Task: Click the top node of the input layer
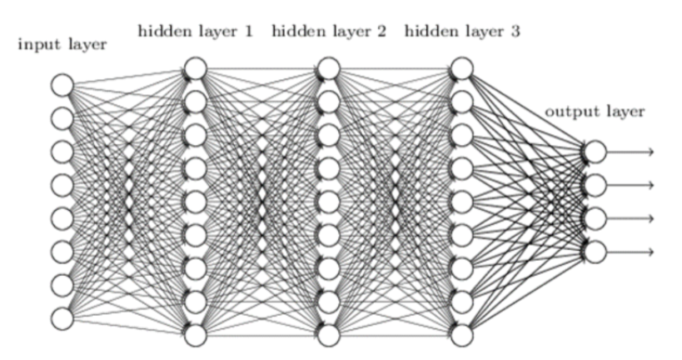pos(62,85)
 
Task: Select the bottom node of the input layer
pos(62,318)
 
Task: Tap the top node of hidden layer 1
pos(195,67)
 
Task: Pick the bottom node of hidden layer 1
pos(195,335)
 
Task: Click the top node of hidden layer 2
pos(329,67)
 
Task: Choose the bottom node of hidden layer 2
pos(329,335)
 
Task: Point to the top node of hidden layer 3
pos(462,67)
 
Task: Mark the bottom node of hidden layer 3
pos(462,335)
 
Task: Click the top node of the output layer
pos(595,152)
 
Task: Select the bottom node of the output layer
pos(595,252)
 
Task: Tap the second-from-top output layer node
pos(595,185)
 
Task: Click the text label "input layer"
pos(62,44)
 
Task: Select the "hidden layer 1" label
pos(195,32)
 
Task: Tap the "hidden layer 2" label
pos(329,32)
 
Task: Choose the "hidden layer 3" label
pos(462,32)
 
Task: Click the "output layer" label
pos(595,111)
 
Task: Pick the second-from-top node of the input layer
pos(62,118)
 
